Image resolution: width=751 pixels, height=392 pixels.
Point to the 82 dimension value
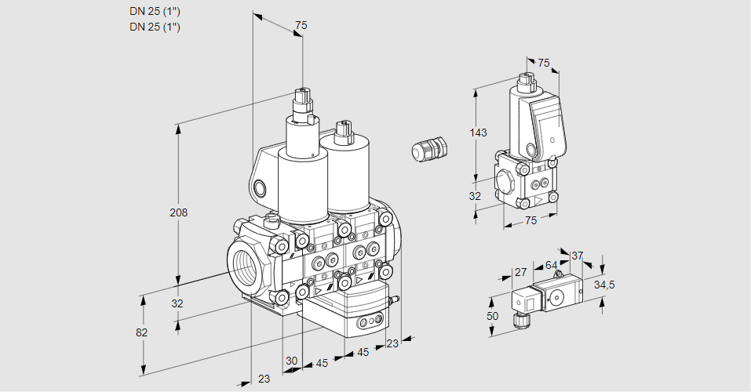[x=141, y=332]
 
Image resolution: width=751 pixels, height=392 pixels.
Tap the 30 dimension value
[x=291, y=361]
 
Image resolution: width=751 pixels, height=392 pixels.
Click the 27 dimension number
[x=520, y=273]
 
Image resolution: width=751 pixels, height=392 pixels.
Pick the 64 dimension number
[x=551, y=266]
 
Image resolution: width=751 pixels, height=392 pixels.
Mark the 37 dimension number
[x=577, y=256]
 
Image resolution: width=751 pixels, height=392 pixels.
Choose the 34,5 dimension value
[x=603, y=284]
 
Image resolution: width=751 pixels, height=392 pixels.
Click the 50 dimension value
[x=492, y=315]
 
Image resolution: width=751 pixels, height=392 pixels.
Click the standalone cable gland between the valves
[x=429, y=149]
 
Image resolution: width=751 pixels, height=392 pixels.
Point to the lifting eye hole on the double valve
[x=260, y=188]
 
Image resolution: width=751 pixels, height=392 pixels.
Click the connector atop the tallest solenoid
[x=302, y=101]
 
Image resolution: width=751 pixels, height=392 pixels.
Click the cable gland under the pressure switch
[x=519, y=319]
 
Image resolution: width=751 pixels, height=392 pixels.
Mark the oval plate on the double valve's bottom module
[x=369, y=322]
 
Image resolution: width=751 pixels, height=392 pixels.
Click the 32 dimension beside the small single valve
[x=475, y=196]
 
